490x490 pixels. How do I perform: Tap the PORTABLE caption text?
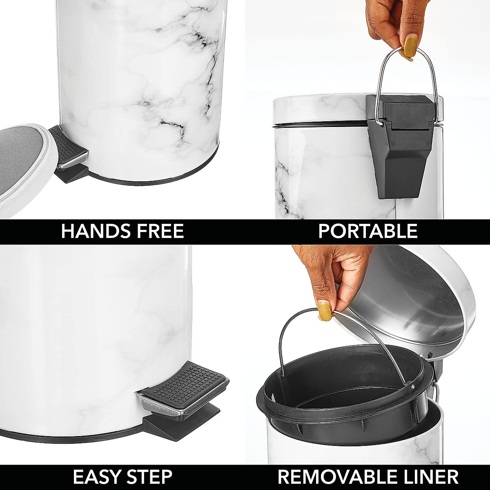367,231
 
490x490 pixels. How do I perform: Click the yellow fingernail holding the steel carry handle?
411,45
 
